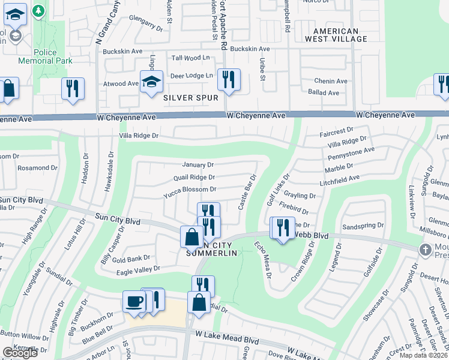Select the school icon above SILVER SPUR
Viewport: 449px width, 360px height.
pyautogui.click(x=151, y=82)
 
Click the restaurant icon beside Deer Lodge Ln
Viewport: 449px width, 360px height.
pyautogui.click(x=229, y=79)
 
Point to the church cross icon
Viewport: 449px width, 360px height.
pyautogui.click(x=426, y=250)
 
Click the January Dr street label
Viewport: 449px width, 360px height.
pyautogui.click(x=198, y=164)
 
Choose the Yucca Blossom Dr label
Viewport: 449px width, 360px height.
pyautogui.click(x=190, y=190)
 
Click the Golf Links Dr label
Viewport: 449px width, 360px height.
pyautogui.click(x=277, y=188)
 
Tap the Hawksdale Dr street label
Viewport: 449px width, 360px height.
pyautogui.click(x=109, y=172)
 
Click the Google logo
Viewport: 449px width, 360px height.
pyautogui.click(x=20, y=353)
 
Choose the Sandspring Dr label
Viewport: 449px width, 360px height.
pyautogui.click(x=362, y=227)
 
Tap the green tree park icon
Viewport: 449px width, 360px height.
pyautogui.click(x=39, y=11)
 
